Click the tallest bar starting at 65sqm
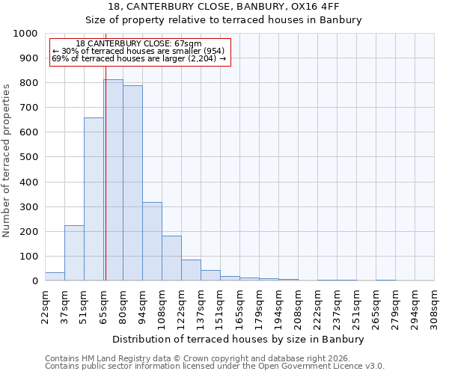113,180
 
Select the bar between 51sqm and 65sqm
94,199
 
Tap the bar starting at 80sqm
132,183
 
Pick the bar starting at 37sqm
74,253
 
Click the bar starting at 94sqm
152,242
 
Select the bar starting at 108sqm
171,258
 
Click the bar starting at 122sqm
191,270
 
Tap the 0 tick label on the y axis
34,280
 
